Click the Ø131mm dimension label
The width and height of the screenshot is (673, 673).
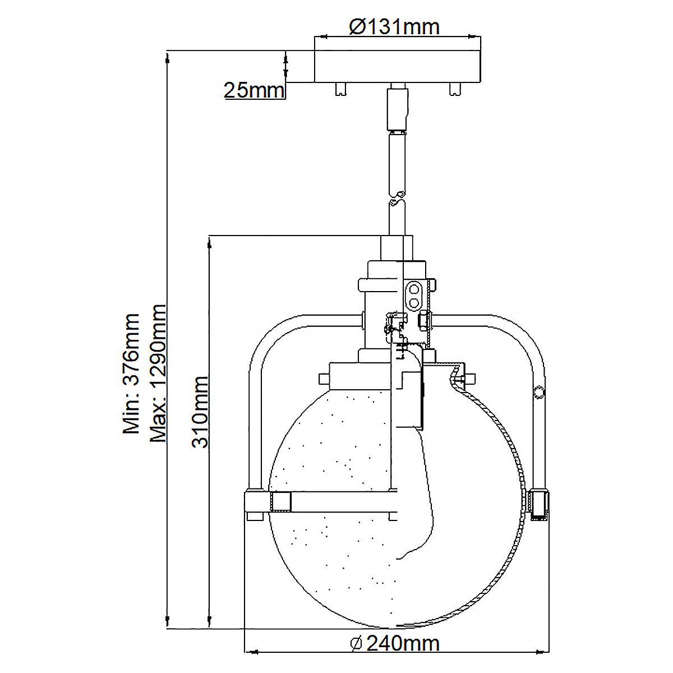click(x=394, y=26)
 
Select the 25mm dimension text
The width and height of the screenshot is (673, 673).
click(x=254, y=90)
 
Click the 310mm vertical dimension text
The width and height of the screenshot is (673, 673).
click(x=200, y=412)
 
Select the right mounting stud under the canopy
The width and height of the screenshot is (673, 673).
click(x=454, y=89)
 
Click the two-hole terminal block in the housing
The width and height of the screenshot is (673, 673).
click(x=414, y=295)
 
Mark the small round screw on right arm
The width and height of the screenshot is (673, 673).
click(x=540, y=392)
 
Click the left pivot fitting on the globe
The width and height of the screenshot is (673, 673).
click(x=280, y=502)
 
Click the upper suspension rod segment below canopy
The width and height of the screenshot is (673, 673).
click(x=398, y=109)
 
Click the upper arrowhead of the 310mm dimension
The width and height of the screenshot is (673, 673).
click(x=209, y=241)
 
